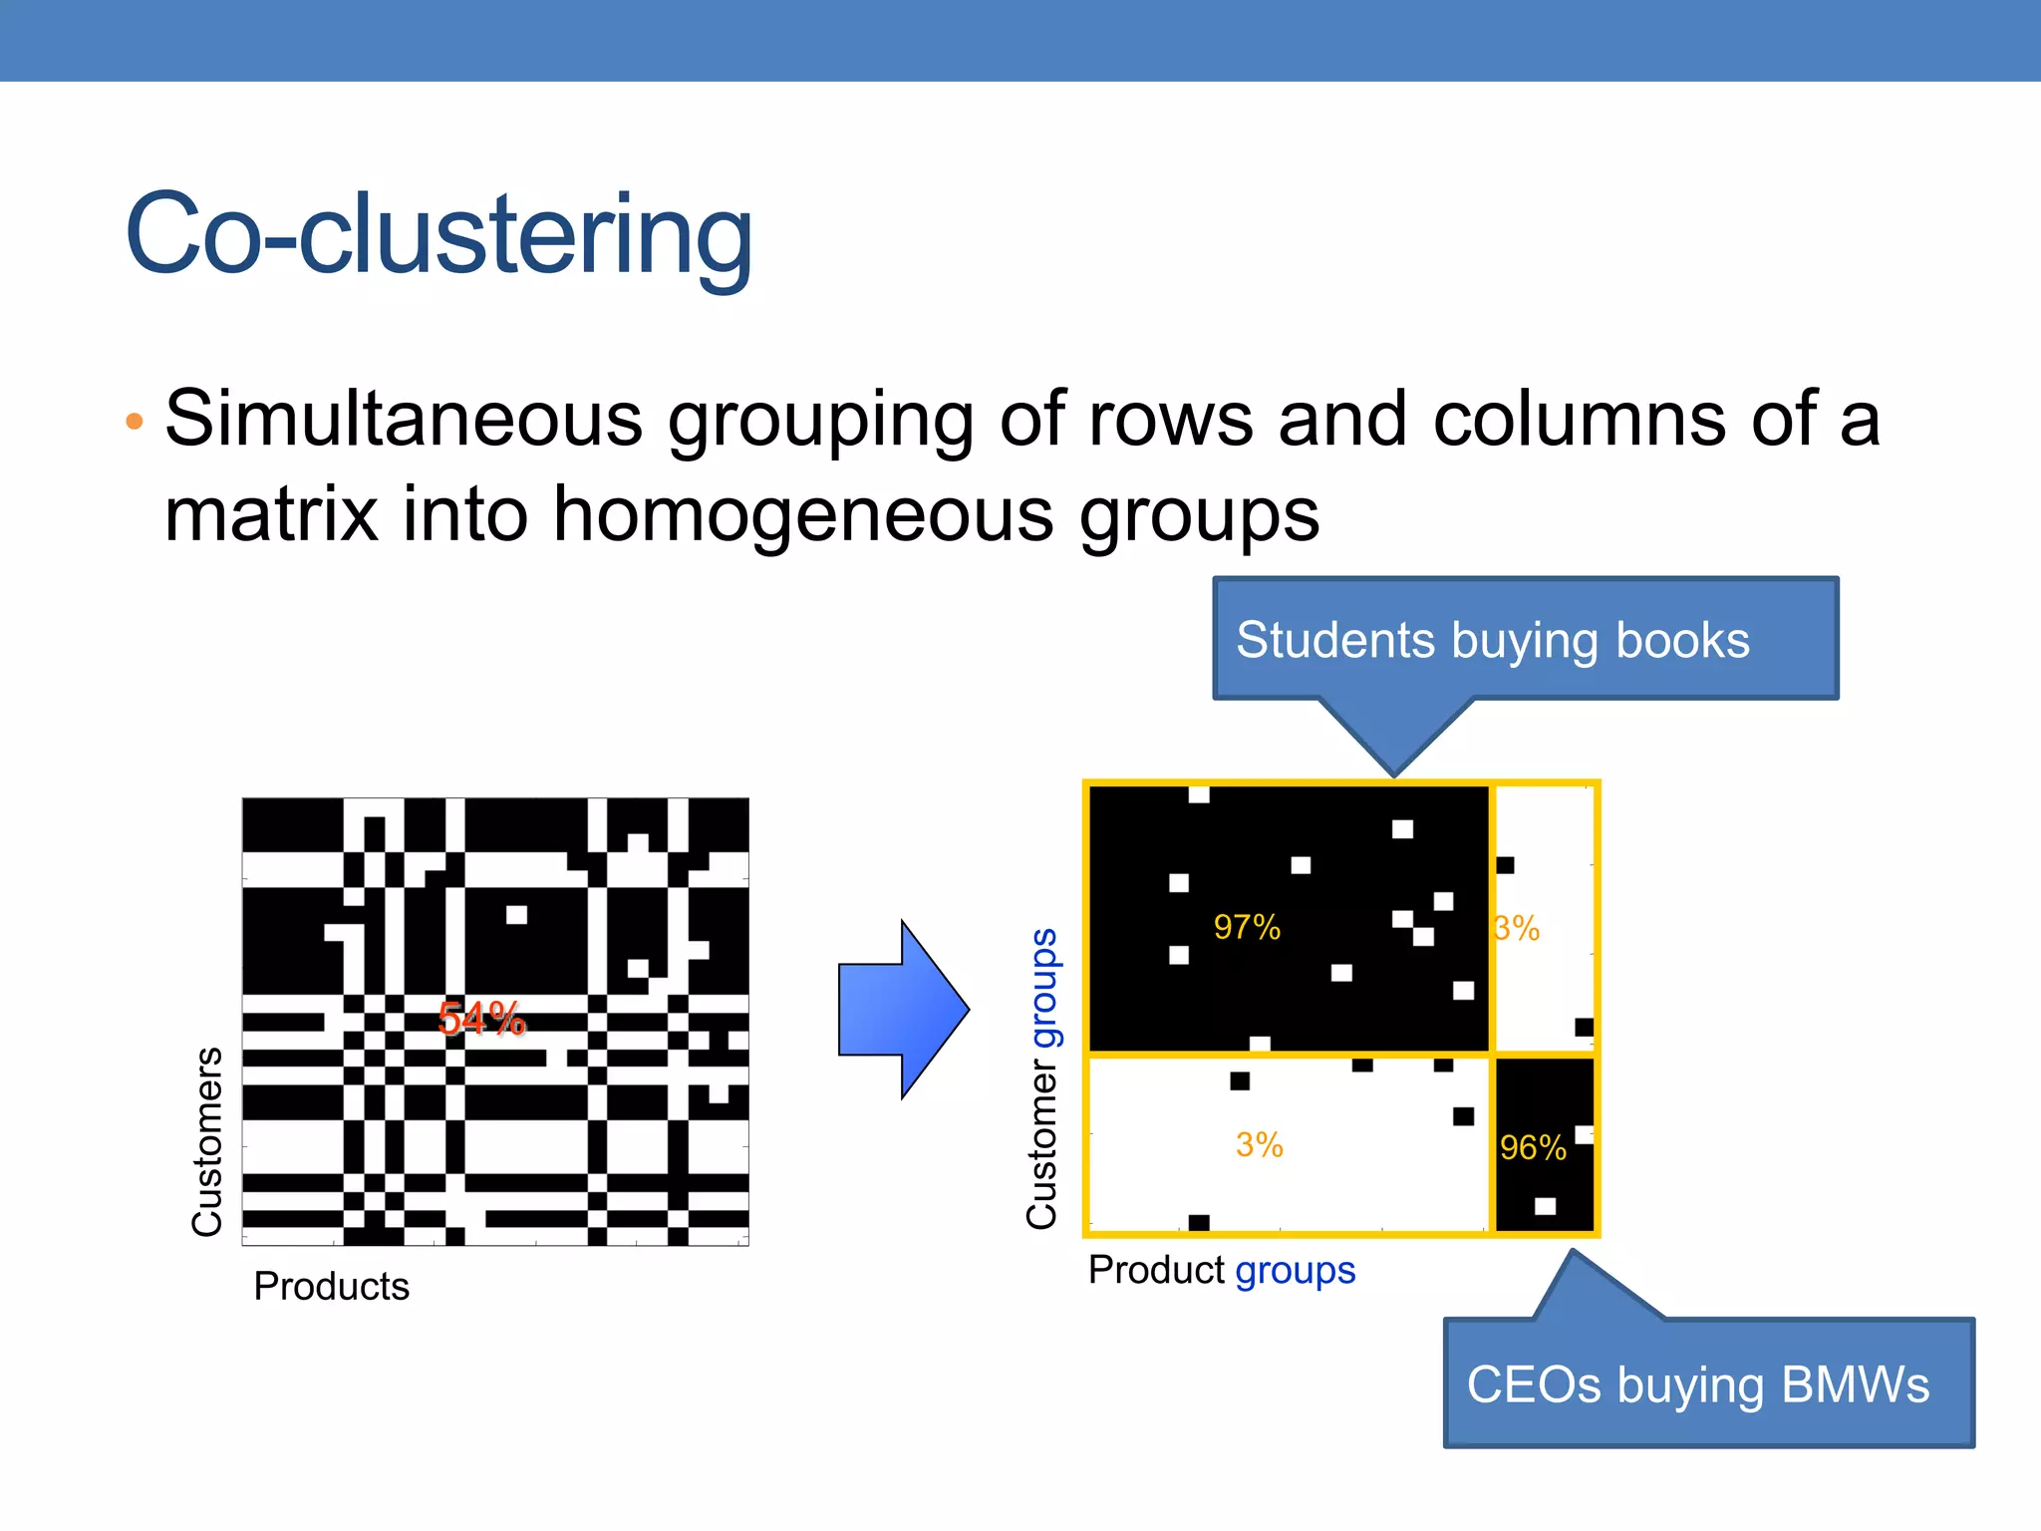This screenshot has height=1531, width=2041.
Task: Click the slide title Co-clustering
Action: pyautogui.click(x=438, y=235)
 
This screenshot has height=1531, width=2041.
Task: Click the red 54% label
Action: pyautogui.click(x=481, y=1019)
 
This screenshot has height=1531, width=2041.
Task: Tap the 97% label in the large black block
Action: pyautogui.click(x=1247, y=927)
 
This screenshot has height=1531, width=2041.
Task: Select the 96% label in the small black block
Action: pyautogui.click(x=1533, y=1148)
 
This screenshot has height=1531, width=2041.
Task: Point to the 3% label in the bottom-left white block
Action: pyautogui.click(x=1259, y=1145)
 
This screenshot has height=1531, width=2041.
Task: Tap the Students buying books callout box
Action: pyautogui.click(x=1525, y=639)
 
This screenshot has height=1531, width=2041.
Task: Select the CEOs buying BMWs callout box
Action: pyautogui.click(x=1708, y=1383)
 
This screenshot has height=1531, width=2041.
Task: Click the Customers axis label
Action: pyautogui.click(x=207, y=1141)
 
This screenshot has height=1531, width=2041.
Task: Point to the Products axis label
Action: pyautogui.click(x=332, y=1287)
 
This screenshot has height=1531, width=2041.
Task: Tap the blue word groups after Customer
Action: pyautogui.click(x=1043, y=988)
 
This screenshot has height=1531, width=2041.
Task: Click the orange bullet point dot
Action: pyautogui.click(x=135, y=422)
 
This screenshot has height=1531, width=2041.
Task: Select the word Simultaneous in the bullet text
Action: pyautogui.click(x=404, y=419)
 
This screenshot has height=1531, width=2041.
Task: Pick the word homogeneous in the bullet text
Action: pyautogui.click(x=803, y=514)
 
